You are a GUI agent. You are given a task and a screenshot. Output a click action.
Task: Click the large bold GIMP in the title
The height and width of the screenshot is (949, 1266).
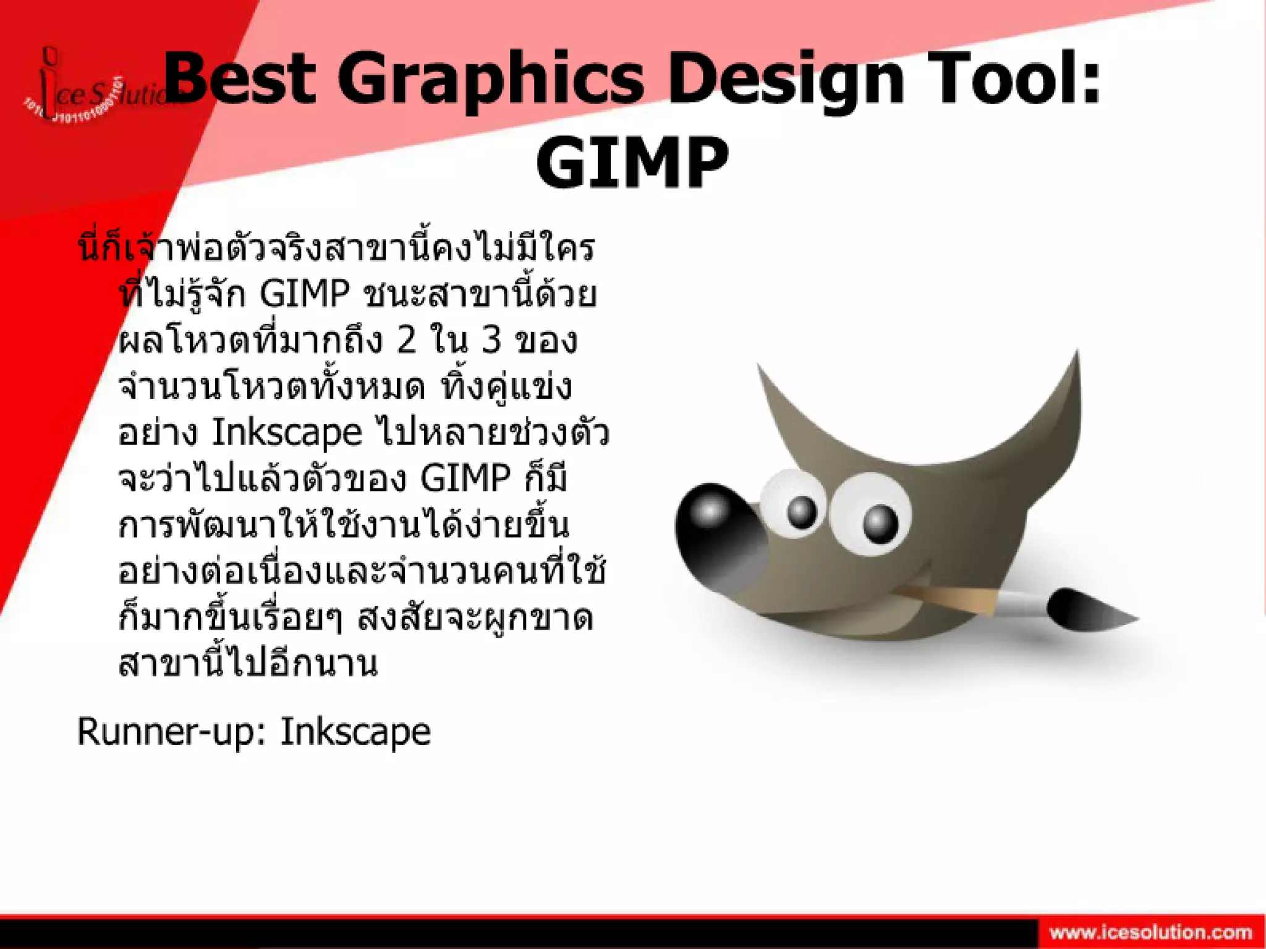click(x=632, y=162)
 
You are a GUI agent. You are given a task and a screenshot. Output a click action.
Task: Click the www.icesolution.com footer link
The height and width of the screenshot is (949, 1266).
click(x=1150, y=932)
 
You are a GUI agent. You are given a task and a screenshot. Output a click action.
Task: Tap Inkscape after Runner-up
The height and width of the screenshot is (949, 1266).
click(x=355, y=732)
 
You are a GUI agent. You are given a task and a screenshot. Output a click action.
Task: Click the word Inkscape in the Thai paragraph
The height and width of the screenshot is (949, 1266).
click(x=287, y=432)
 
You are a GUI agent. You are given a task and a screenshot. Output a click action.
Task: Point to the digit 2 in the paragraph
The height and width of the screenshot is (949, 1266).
click(x=406, y=339)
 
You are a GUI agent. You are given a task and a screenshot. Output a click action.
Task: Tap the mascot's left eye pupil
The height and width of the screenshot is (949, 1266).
click(x=802, y=511)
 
